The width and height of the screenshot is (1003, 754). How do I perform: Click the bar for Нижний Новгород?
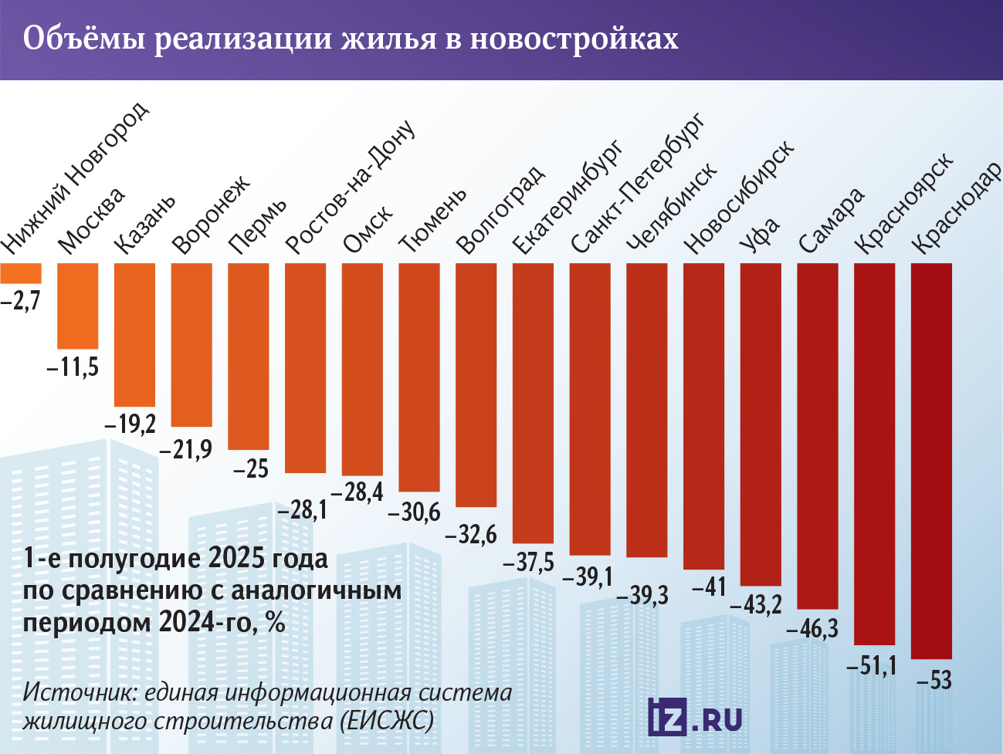(x=21, y=273)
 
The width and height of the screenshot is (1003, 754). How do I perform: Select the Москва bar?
(x=78, y=306)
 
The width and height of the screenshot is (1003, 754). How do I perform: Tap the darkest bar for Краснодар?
(x=932, y=460)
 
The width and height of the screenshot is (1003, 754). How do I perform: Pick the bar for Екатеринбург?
(x=533, y=403)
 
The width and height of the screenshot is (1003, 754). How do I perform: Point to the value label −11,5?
(x=73, y=367)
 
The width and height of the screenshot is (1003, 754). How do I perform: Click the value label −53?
(x=934, y=680)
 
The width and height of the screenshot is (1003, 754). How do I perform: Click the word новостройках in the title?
(x=574, y=39)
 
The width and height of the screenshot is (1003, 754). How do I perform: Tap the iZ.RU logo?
(x=695, y=718)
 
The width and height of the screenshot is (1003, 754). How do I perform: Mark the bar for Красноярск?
(x=875, y=454)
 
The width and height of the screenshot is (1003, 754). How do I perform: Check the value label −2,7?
(x=20, y=300)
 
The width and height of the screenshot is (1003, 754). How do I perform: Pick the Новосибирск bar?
(x=704, y=416)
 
